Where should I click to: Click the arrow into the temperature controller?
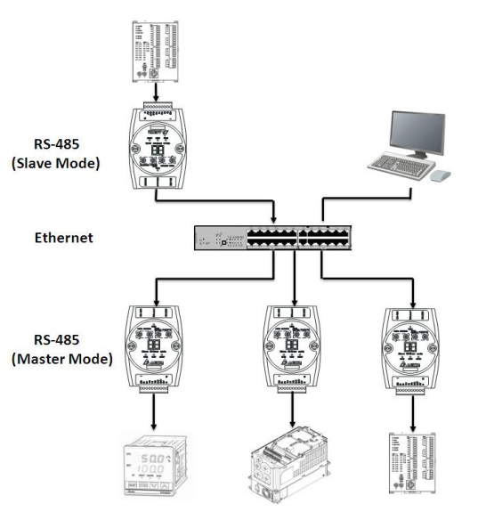point(155,416)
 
